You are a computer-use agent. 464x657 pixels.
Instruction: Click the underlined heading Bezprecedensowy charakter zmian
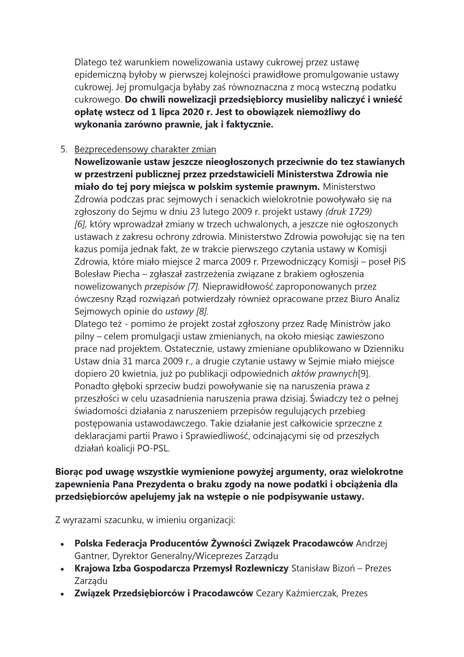[x=145, y=149]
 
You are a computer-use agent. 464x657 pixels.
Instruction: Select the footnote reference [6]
[x=80, y=224]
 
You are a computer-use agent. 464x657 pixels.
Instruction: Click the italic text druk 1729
[x=348, y=212]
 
